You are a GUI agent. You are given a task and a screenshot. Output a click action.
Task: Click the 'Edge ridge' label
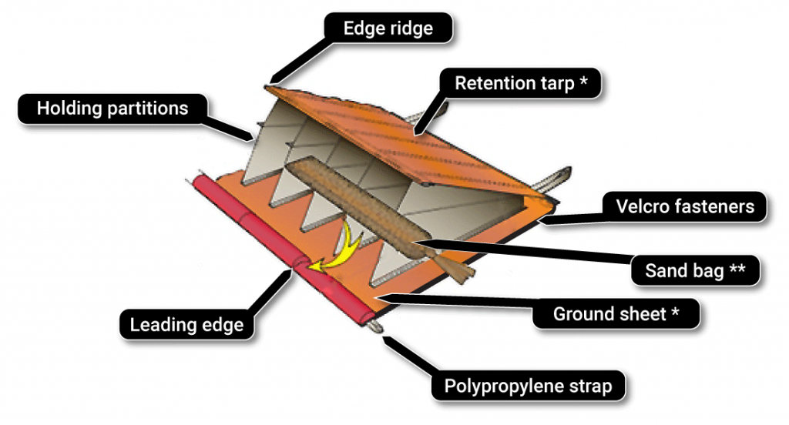pyautogui.click(x=388, y=29)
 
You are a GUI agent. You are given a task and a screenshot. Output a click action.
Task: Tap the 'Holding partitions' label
pyautogui.click(x=112, y=108)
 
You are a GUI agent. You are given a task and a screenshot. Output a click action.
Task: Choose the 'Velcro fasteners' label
pyautogui.click(x=684, y=206)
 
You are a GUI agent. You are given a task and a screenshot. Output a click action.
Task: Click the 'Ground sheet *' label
pyautogui.click(x=616, y=314)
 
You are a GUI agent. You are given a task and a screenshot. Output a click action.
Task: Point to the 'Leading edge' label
pyautogui.click(x=186, y=325)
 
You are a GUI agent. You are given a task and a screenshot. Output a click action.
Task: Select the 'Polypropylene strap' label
pyautogui.click(x=528, y=386)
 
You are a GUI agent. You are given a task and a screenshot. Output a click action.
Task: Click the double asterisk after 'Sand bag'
pyautogui.click(x=737, y=270)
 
